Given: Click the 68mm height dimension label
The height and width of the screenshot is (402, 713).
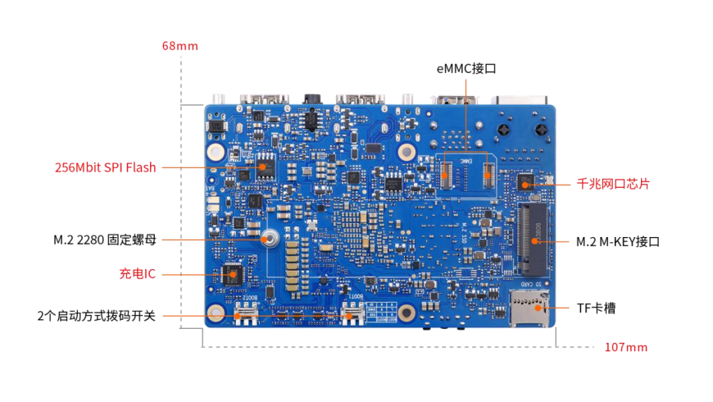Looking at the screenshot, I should [x=179, y=46].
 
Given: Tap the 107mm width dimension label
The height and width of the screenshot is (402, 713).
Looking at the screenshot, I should [x=625, y=347].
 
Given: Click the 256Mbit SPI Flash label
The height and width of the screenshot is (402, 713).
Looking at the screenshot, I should [x=105, y=167].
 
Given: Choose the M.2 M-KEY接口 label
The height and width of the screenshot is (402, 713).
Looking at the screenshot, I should [x=617, y=242].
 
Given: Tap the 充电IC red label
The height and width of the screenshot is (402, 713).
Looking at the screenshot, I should [x=137, y=274].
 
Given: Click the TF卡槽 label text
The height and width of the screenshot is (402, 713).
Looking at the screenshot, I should [x=596, y=308].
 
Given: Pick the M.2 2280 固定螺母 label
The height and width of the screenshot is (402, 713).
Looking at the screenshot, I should [x=104, y=240].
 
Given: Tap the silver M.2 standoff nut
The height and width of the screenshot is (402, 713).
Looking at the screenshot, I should [x=270, y=240].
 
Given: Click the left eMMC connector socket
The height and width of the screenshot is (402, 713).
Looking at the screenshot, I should [x=447, y=172].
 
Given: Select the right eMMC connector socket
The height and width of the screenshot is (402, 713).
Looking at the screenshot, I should [x=488, y=172].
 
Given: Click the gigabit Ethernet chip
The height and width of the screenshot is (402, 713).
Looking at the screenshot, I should [x=525, y=181].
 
